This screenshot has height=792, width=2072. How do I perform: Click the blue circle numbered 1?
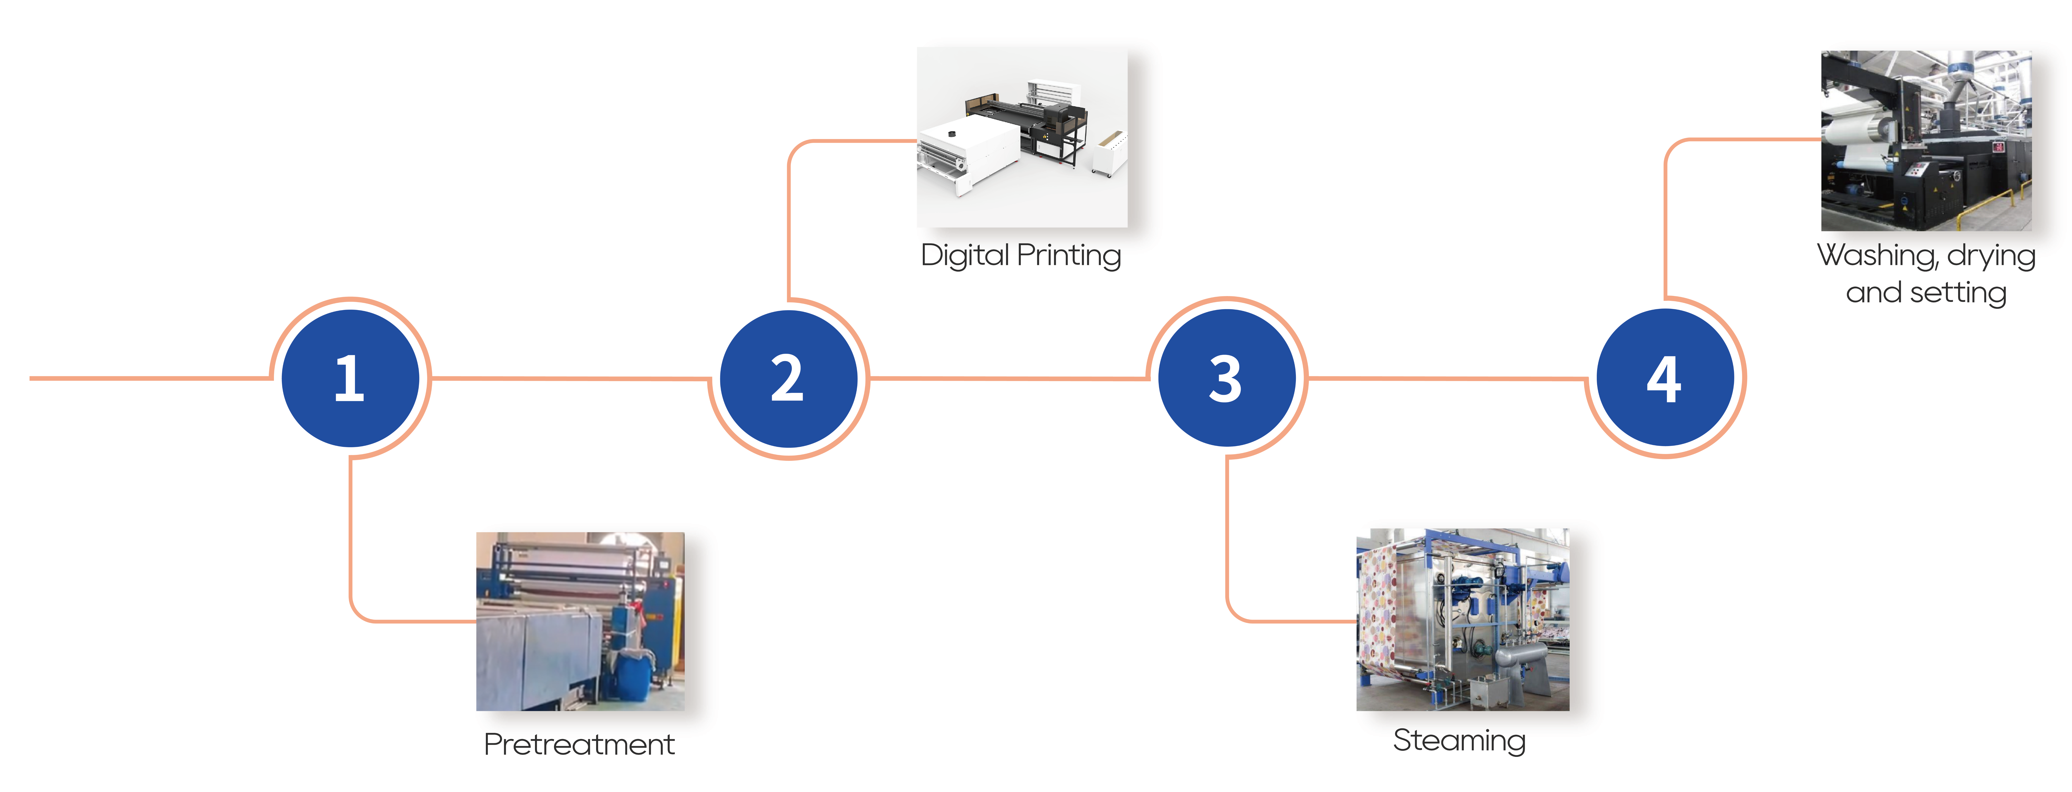point(350,378)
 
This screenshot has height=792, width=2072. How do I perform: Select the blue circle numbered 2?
point(788,378)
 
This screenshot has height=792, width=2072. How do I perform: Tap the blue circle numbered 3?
point(1227,378)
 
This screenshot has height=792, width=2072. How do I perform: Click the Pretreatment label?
point(579,744)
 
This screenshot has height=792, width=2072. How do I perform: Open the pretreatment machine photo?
point(580,621)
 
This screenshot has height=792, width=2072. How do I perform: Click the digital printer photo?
point(1022,137)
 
